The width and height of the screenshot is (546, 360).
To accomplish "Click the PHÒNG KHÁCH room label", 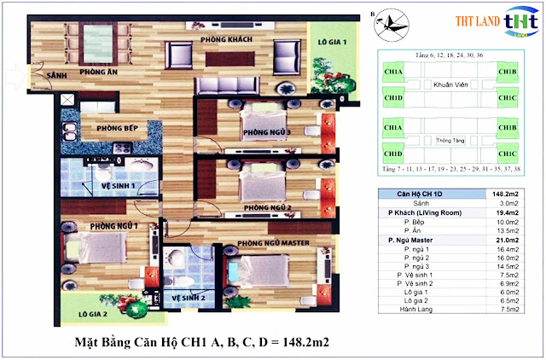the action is [x=225, y=40].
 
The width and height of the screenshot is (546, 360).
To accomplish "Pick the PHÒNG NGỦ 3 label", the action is [x=266, y=132].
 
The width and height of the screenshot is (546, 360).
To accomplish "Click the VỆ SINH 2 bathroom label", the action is [x=192, y=298].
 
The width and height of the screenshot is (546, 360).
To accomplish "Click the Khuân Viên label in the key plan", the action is [x=448, y=85].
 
